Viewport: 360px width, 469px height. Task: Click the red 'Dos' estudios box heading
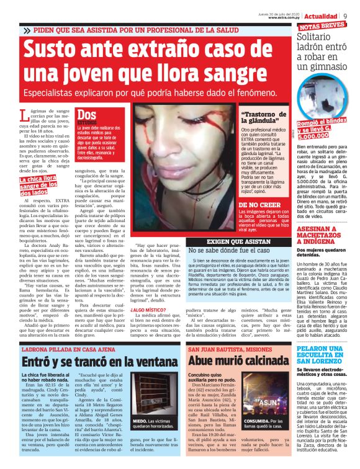(x=87, y=115)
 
